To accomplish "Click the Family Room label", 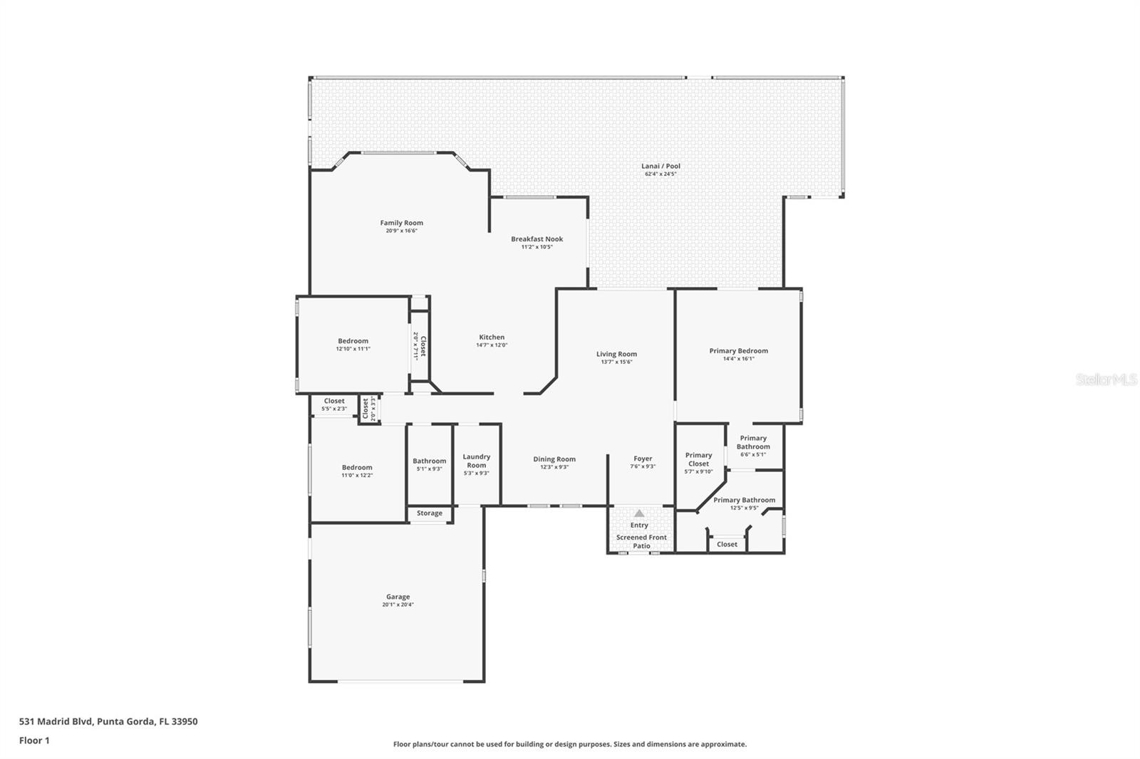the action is coord(402,223).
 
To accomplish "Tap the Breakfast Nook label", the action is coord(537,239).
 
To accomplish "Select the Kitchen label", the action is coord(492,337).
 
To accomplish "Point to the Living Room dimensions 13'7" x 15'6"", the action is coord(616,362).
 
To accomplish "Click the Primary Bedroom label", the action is coord(738,351).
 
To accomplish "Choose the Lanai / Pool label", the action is coord(660,166).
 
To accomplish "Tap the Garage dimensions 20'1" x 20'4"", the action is coord(398,605).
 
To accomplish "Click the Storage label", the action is coord(430,513).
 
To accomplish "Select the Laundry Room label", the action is coord(477,461).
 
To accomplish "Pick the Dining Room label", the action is coord(554,459).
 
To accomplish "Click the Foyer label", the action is coord(643,459).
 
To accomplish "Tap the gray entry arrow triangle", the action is coord(639,513).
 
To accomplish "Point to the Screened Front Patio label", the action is coord(641,541).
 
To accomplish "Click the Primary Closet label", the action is coord(698,459).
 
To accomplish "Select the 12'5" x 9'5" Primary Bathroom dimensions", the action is coord(744,508).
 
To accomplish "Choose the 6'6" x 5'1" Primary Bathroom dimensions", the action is coord(753,455).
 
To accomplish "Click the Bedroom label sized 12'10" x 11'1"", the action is coord(353,341).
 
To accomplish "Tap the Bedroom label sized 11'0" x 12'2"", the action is coord(357,468).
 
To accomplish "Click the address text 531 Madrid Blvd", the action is coord(56,721).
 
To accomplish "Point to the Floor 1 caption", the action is coord(34,740).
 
